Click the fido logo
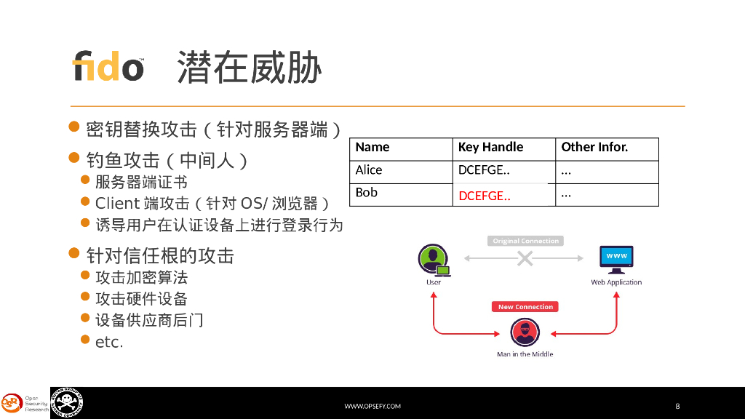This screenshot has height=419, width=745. click(108, 66)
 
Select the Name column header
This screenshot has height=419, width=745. click(372, 147)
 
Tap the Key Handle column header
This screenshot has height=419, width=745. click(490, 147)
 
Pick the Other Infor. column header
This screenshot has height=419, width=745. click(594, 147)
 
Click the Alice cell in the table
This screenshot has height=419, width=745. click(369, 170)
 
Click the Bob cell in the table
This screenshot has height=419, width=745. click(367, 193)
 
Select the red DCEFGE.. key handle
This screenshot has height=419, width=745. click(485, 196)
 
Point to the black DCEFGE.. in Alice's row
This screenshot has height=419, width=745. click(484, 170)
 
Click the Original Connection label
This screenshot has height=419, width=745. click(525, 241)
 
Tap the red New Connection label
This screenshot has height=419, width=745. click(525, 307)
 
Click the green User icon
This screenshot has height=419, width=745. click(434, 259)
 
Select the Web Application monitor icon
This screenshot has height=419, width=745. click(616, 258)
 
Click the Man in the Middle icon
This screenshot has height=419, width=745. click(525, 332)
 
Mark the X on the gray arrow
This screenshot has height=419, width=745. click(525, 258)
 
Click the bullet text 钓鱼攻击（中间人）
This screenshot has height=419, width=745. click(167, 160)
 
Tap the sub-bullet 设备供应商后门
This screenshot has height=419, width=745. click(149, 320)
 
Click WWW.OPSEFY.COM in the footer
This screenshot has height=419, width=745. click(372, 406)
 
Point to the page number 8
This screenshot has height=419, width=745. click(677, 406)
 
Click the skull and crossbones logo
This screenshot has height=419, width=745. click(67, 402)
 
